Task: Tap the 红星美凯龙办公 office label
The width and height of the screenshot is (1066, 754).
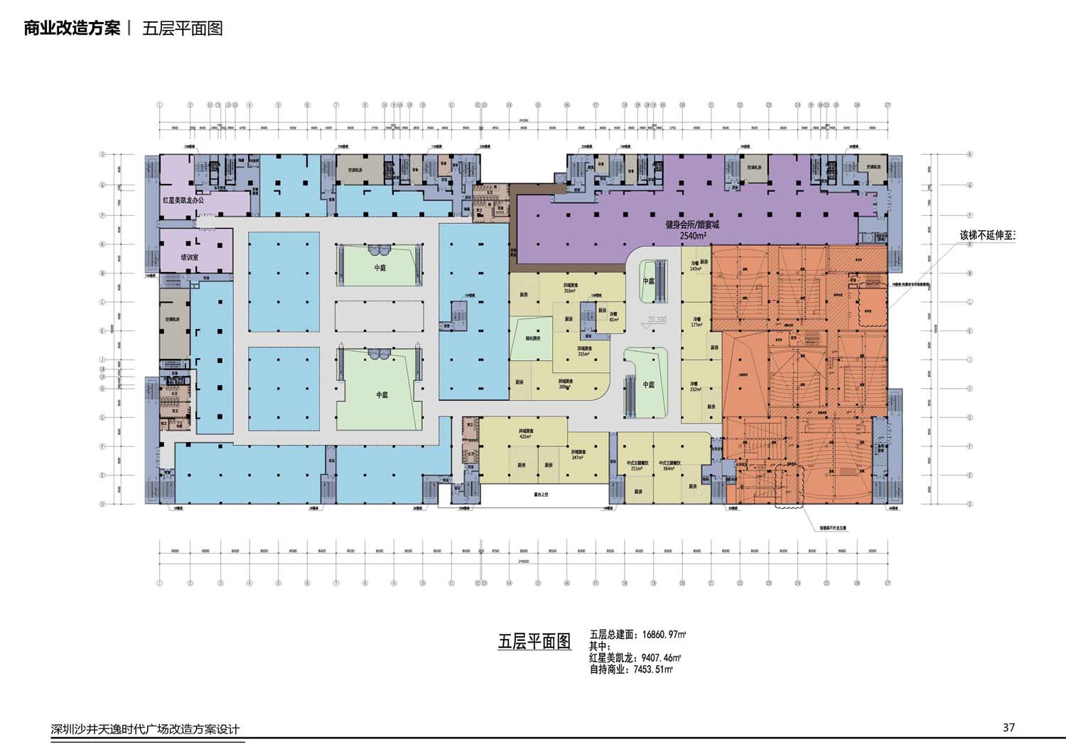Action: click(x=183, y=201)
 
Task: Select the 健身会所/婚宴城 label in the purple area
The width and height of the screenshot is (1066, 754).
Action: click(x=692, y=225)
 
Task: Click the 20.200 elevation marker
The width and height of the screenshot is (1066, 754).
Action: click(x=657, y=320)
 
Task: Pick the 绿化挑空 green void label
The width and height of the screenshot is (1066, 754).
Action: click(x=524, y=340)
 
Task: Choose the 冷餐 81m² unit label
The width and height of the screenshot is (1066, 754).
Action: click(x=613, y=317)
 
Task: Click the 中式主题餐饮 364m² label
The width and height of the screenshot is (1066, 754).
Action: click(x=669, y=465)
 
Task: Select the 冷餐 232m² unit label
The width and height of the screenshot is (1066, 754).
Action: click(x=695, y=386)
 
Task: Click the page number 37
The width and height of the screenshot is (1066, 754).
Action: click(x=1008, y=727)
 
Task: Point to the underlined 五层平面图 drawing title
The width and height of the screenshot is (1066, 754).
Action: click(x=534, y=641)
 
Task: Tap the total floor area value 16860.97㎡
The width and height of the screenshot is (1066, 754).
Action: click(x=655, y=634)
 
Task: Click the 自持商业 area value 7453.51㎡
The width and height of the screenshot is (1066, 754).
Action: click(x=650, y=669)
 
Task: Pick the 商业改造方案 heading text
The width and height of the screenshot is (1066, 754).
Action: click(x=72, y=28)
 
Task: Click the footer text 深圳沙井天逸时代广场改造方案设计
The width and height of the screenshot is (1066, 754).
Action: click(x=145, y=729)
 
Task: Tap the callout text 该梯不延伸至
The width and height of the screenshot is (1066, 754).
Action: click(x=987, y=235)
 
